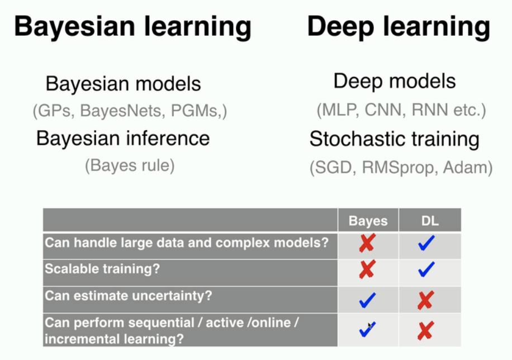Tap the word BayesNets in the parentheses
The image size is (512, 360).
point(121,111)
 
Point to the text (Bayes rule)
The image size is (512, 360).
point(130,165)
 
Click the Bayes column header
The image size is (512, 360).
point(368,221)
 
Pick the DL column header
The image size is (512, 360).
point(430,221)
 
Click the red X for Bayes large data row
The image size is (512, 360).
point(367,243)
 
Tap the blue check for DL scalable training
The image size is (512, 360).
point(426,269)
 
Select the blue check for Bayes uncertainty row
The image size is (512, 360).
point(367,300)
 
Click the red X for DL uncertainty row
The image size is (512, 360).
point(426,300)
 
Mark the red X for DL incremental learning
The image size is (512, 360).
point(426,330)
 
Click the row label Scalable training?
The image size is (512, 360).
point(102,269)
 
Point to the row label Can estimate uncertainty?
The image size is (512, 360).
point(129,296)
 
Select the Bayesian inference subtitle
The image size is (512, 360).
point(123,138)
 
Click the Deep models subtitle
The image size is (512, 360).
point(395,82)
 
